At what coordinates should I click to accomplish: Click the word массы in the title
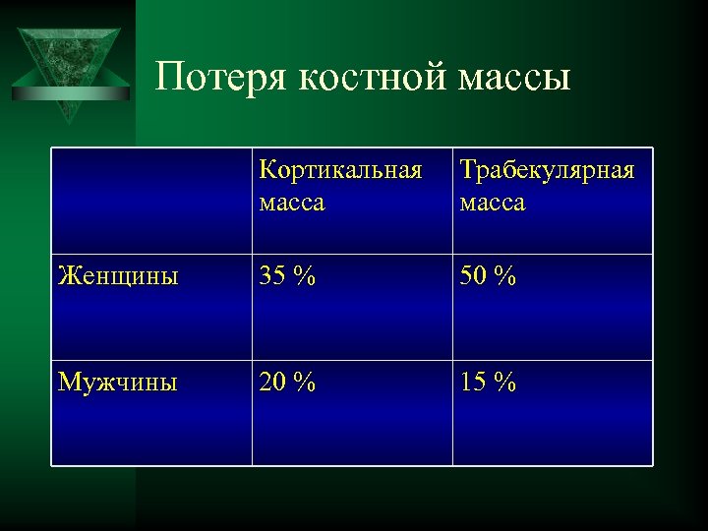click(514, 77)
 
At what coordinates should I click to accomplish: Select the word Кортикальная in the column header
click(340, 170)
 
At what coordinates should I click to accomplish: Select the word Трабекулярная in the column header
click(547, 170)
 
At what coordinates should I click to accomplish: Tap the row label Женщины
click(118, 277)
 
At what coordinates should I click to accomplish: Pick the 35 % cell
click(287, 277)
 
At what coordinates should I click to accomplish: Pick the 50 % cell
click(488, 277)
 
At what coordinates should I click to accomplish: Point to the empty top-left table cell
click(151, 201)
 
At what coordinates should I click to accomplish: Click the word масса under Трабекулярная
click(493, 204)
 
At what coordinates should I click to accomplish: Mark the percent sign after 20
click(306, 383)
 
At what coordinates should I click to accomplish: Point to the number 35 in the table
click(272, 277)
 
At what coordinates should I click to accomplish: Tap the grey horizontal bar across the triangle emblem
click(71, 94)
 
